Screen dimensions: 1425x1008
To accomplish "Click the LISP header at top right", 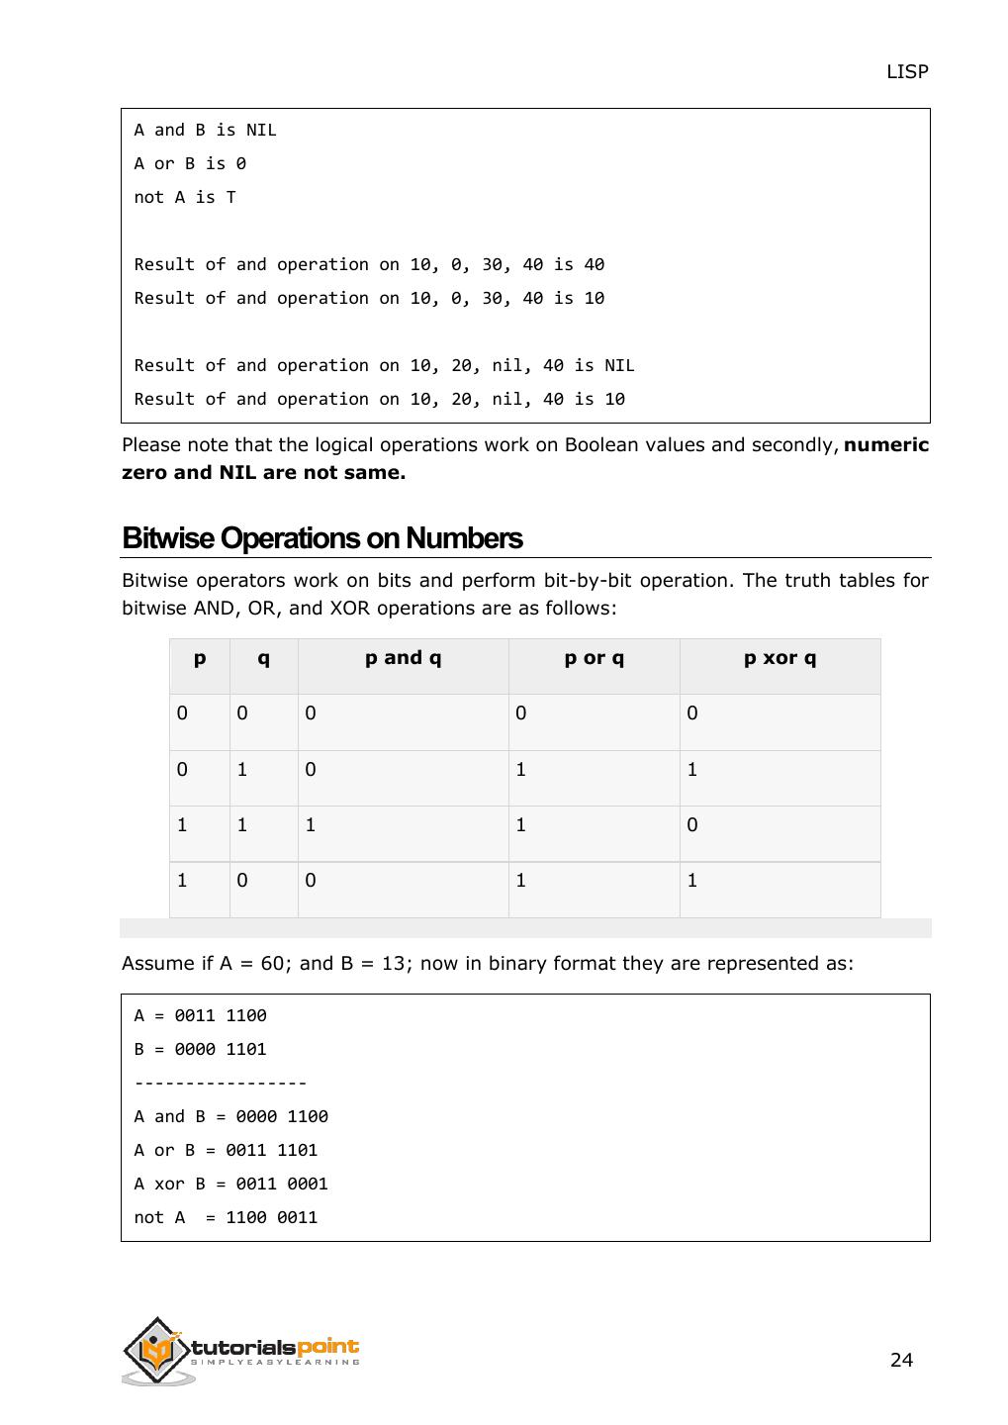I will pyautogui.click(x=906, y=71).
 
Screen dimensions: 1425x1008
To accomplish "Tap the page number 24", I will pyautogui.click(x=901, y=1360).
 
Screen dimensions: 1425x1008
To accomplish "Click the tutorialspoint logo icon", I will pyautogui.click(x=156, y=1350).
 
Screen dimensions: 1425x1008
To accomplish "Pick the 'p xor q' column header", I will pyautogui.click(x=779, y=658).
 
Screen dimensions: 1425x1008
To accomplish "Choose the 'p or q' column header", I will pyautogui.click(x=594, y=658).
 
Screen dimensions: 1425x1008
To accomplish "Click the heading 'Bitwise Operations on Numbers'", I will pyautogui.click(x=321, y=538).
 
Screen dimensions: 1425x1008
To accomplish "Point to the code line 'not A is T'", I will pyautogui.click(x=185, y=197).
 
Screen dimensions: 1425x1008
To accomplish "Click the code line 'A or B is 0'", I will pyautogui.click(x=190, y=163).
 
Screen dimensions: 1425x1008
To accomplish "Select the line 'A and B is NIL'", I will pyautogui.click(x=205, y=130).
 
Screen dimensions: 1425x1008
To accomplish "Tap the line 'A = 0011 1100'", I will pyautogui.click(x=200, y=1015).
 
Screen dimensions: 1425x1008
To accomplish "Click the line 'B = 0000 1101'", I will pyautogui.click(x=200, y=1049).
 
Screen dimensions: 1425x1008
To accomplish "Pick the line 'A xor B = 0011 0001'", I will pyautogui.click(x=230, y=1184).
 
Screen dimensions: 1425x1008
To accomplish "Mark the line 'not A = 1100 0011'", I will pyautogui.click(x=226, y=1217).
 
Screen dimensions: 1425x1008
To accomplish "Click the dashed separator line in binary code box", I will pyautogui.click(x=220, y=1083).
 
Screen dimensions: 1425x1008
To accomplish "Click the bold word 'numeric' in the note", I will pyautogui.click(x=886, y=445).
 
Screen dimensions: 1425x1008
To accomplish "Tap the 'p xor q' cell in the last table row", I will pyautogui.click(x=692, y=881).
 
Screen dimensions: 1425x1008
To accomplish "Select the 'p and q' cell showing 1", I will pyautogui.click(x=311, y=825).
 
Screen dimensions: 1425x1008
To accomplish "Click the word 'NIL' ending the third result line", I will pyautogui.click(x=619, y=365).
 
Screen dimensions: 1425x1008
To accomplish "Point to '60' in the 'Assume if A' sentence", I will pyautogui.click(x=272, y=964).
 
